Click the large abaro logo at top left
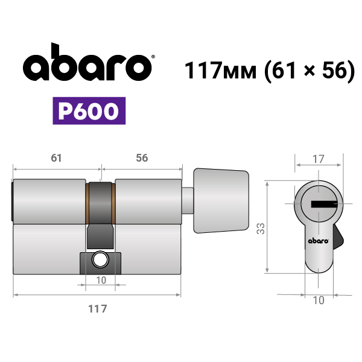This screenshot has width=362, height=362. point(87,62)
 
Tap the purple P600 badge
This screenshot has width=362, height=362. point(89,111)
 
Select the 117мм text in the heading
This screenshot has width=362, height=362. point(220,70)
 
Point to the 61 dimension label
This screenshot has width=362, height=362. point(56,158)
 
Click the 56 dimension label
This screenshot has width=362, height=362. point(142,158)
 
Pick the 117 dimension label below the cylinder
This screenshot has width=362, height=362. point(98,309)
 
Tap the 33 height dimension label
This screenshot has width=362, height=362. point(261,229)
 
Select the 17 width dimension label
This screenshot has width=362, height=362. point(319,159)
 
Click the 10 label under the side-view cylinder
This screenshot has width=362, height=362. point(101,281)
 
